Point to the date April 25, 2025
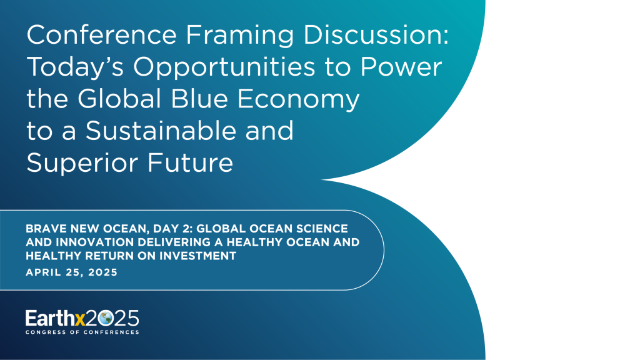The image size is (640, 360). coord(71,272)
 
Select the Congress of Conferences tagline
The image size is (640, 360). coord(82,332)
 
